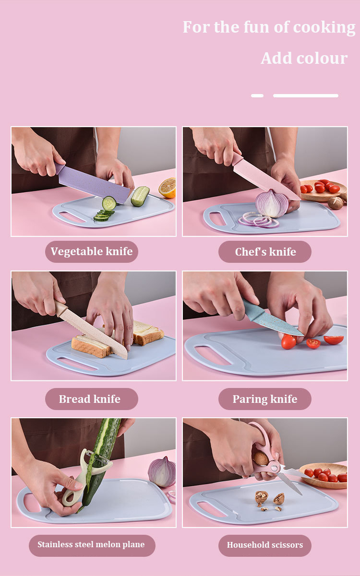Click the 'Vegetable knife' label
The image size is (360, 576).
[x=91, y=251]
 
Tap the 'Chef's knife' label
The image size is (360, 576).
[x=265, y=252]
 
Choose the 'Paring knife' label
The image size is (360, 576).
[x=265, y=399]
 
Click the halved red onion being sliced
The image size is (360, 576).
[x=272, y=203]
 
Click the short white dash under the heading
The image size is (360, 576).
[x=257, y=95]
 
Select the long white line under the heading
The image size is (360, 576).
[x=306, y=95]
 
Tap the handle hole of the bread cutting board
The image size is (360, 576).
[x=77, y=364]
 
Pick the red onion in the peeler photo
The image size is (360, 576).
[x=162, y=472]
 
